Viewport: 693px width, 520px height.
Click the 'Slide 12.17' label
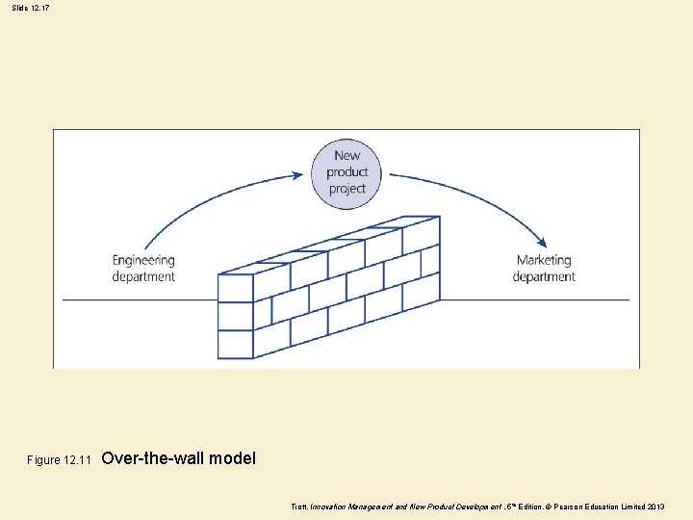coord(32,8)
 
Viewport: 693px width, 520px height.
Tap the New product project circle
coord(346,172)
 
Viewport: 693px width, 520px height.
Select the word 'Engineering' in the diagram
coord(143,260)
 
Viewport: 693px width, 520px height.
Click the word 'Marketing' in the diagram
coord(544,260)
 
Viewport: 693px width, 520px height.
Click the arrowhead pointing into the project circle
coord(297,176)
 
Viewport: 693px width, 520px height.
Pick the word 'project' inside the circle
coord(347,189)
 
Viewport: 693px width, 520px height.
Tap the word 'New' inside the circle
coord(347,155)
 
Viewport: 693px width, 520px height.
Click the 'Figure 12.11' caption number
coord(58,460)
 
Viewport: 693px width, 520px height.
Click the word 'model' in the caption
coord(232,458)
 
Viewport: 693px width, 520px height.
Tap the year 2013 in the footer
coord(654,507)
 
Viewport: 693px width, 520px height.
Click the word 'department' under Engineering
coord(143,276)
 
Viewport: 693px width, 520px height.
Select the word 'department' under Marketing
coord(544,276)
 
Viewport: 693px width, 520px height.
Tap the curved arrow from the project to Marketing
coord(481,193)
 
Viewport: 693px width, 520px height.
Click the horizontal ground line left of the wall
coord(135,299)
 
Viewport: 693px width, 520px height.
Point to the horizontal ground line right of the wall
coord(539,299)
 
